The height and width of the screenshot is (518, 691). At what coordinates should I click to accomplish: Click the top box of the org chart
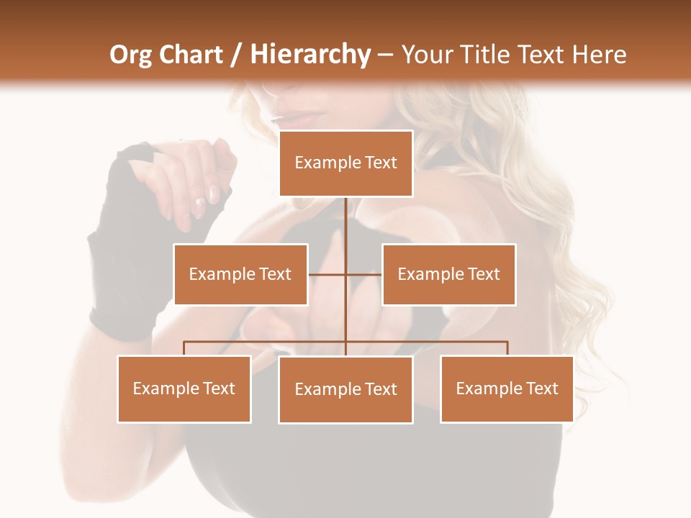[345, 163]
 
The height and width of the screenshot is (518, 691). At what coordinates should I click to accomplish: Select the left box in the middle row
[240, 274]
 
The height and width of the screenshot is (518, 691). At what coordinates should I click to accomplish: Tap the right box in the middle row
[448, 274]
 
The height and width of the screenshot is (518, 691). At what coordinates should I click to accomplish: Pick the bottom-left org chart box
[184, 389]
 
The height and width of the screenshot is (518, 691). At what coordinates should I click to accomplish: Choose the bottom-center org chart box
[345, 390]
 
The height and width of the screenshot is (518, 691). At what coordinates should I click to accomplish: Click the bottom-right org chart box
[507, 389]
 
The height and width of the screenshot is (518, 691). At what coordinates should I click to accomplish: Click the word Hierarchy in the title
[310, 55]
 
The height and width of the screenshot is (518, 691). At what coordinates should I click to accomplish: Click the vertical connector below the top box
[345, 223]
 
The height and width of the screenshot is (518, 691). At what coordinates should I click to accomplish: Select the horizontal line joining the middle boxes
[345, 274]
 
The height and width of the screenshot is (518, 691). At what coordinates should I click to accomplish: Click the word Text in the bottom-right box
[542, 389]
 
